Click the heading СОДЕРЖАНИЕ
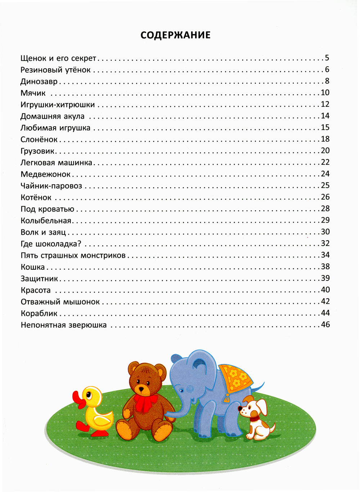[175, 35]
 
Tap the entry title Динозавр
[39, 82]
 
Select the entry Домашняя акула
[53, 116]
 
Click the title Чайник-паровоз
[51, 186]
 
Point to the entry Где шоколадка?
[51, 244]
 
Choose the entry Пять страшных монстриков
[73, 255]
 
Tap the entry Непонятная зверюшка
[64, 325]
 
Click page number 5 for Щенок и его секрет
[327, 58]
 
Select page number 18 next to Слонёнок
[325, 139]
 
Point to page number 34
[325, 255]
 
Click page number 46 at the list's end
[325, 325]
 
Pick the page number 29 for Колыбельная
[325, 220]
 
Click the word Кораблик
[39, 314]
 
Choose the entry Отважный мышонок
[60, 302]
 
